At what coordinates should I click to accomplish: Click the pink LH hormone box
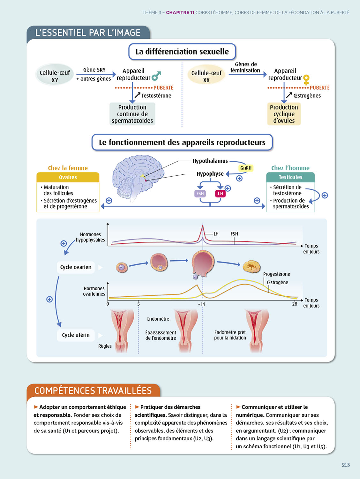coord(220,194)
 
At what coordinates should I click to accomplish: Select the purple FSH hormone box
coord(200,194)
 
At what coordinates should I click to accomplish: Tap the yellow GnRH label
coord(246,168)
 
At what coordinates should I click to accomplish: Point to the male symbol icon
coord(156,76)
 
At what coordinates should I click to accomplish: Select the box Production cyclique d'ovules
coord(284,114)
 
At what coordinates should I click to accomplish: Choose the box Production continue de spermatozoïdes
coord(132,114)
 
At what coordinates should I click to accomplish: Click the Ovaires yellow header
coord(68,177)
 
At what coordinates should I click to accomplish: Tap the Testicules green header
coord(290,177)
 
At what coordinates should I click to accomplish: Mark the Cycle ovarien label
coord(76,267)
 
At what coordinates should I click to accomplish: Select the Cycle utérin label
coord(76,335)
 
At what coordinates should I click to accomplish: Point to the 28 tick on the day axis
coord(295,304)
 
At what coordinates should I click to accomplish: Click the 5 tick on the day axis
coord(139,304)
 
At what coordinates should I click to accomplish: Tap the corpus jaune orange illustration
coord(251,266)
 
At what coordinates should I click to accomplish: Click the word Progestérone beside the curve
coord(276,274)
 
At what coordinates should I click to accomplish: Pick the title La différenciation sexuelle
coord(182,52)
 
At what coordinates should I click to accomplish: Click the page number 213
coord(346,465)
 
